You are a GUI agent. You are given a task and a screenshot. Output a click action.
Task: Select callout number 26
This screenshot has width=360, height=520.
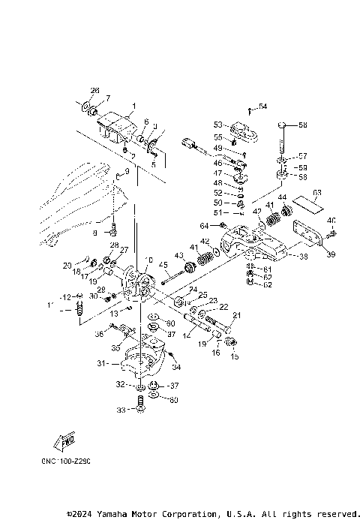(x=95, y=90)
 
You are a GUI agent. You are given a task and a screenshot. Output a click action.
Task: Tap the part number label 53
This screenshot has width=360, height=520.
(x=217, y=124)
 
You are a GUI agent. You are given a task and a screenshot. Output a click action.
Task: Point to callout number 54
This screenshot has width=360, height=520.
(x=263, y=106)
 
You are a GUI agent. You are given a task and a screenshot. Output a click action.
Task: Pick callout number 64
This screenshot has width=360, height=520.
(x=203, y=226)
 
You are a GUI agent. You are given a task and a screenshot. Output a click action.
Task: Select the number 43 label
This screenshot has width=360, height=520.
(x=179, y=257)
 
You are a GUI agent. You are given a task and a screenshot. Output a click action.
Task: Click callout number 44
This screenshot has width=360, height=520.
(x=283, y=198)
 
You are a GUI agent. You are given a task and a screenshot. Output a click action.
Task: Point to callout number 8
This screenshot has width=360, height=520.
(x=95, y=233)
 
